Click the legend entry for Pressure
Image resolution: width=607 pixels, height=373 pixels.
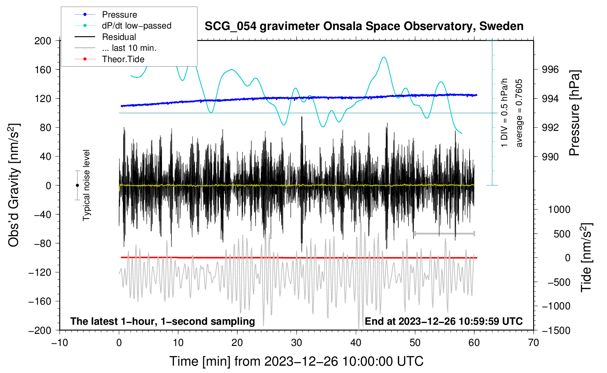[x=119, y=15]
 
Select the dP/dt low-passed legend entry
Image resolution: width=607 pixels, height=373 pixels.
[x=136, y=26]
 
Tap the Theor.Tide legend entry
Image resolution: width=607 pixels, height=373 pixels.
[x=123, y=59]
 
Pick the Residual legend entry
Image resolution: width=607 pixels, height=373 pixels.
[x=119, y=37]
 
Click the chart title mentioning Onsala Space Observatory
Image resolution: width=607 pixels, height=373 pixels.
[x=364, y=26]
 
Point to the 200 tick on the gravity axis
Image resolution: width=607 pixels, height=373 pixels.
[x=43, y=41]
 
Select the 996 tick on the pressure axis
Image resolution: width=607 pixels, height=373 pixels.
[x=550, y=69]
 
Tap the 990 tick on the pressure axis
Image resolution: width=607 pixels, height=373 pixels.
[x=550, y=157]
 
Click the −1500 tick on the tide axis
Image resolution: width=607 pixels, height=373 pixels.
[x=556, y=330]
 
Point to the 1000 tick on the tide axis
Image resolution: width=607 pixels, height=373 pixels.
[x=559, y=210]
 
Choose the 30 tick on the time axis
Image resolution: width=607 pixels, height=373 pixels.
[x=297, y=343]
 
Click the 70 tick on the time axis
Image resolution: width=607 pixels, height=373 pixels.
[x=534, y=343]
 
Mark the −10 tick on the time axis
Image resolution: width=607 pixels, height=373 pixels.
[x=60, y=343]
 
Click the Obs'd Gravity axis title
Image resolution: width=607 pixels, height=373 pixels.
[x=14, y=185]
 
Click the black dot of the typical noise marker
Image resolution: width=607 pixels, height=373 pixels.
[x=77, y=185]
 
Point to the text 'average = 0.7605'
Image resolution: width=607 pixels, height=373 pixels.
[x=519, y=113]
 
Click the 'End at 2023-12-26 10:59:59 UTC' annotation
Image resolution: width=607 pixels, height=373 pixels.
[x=444, y=321]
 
